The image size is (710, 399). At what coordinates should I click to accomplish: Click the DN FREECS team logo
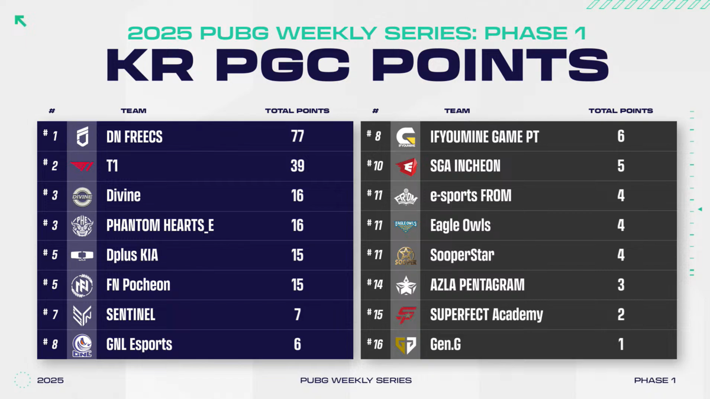coord(82,136)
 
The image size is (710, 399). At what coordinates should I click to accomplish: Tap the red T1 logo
coord(82,166)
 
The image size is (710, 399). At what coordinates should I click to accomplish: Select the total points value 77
coord(297,136)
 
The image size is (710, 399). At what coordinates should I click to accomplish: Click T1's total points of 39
coord(297,166)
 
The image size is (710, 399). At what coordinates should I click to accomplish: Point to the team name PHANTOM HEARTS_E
coord(160,226)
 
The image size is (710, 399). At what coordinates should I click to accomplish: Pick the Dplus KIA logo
coord(82,255)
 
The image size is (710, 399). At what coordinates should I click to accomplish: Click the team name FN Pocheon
coord(138,285)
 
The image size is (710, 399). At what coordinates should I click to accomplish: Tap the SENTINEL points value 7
coord(297,314)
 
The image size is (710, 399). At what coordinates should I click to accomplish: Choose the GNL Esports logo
coord(82,345)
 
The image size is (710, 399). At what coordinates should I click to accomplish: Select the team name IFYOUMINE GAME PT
coord(485,137)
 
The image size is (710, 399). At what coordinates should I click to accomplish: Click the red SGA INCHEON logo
coord(406,167)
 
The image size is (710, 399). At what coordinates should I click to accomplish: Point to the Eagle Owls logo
coord(406,226)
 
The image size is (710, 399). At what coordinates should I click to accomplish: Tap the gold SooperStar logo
coord(406,256)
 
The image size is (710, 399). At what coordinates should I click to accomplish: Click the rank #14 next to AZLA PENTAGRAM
coord(375,284)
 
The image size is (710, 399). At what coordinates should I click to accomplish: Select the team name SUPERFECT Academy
coord(486,314)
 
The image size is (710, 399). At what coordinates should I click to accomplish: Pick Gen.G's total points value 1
coord(621,344)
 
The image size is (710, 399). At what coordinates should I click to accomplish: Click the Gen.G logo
coord(406,345)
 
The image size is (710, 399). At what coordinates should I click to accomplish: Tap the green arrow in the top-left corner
coord(21,21)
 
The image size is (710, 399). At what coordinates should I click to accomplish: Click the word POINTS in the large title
coord(490,65)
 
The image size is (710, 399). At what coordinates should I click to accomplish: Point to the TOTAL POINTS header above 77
coord(297,111)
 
